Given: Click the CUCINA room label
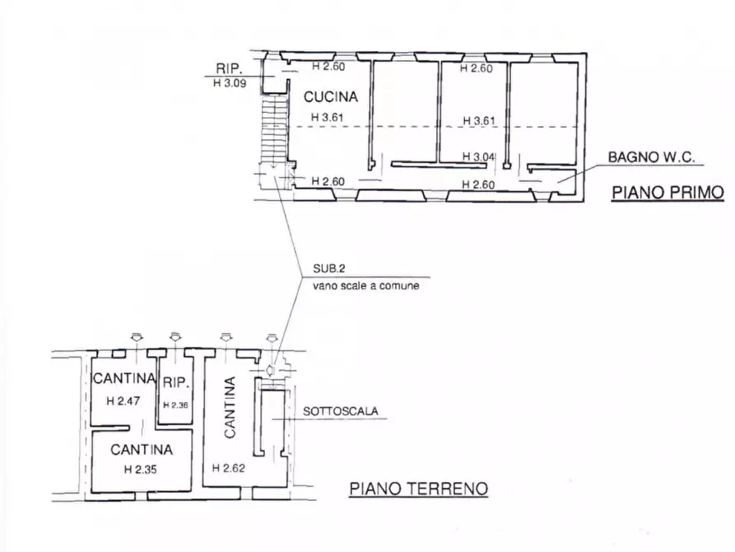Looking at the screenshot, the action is coord(331,96).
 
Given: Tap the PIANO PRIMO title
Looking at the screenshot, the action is coord(668,193).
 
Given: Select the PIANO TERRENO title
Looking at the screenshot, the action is coord(419,489).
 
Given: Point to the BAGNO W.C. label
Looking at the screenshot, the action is coord(651,157).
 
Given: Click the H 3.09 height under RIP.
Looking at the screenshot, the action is coord(230,83).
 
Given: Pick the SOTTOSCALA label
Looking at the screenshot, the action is coord(340,411).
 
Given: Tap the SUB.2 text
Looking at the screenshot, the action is coord(329,269).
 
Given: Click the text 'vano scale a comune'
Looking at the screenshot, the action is coord(366,285).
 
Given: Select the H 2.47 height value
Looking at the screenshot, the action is coord(123,401).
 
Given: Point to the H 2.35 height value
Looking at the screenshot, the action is coord(141,469).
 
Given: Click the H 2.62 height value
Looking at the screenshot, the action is coord(228,468).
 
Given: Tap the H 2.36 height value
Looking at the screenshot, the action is coord(176,405).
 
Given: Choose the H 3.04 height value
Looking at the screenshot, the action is coord(478,157).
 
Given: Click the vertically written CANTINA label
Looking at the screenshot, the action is coord(230,408).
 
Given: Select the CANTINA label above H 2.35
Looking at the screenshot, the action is coord(142,450).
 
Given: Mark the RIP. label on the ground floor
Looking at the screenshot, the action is coord(176,382).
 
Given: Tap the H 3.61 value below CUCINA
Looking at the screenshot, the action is coord(328,117).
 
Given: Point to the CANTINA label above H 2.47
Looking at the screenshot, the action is coord(124,378).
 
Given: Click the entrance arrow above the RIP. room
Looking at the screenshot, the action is coord(175,336).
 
